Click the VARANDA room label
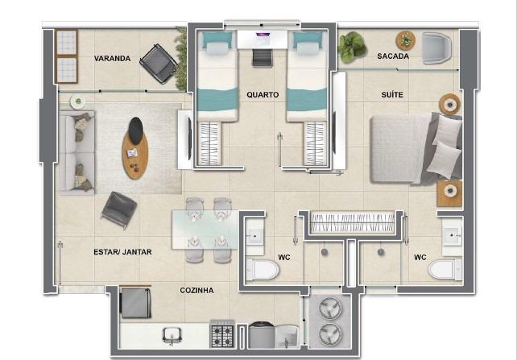tap(112, 58)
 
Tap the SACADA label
tap(393, 56)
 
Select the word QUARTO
tap(263, 94)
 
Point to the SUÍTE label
tap(392, 94)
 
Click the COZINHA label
tap(196, 291)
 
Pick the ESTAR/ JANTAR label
tap(122, 252)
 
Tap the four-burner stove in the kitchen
tap(222, 334)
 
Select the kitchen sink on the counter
tap(172, 336)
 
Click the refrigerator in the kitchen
tap(135, 302)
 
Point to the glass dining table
tap(205, 230)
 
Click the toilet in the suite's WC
tap(445, 269)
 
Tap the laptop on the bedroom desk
tap(263, 35)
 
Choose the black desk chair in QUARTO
tap(263, 58)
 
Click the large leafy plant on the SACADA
tap(351, 48)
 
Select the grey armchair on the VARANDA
tap(159, 64)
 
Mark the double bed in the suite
tap(416, 148)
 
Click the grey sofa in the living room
tap(77, 151)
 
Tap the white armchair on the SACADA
tap(436, 48)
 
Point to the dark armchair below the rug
tap(119, 210)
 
